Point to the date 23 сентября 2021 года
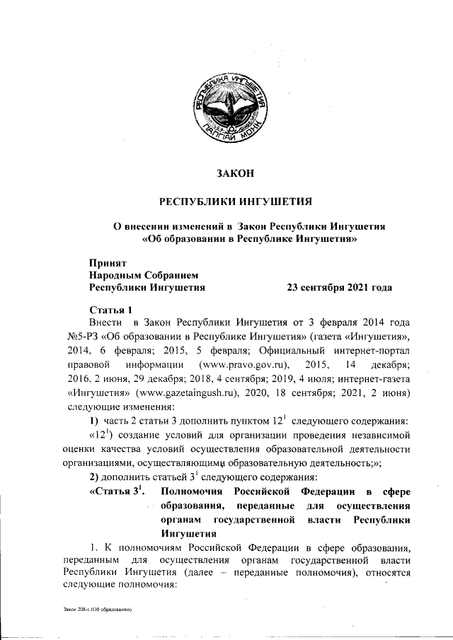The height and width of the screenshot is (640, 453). [338, 288]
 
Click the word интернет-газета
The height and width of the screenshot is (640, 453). [370, 378]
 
